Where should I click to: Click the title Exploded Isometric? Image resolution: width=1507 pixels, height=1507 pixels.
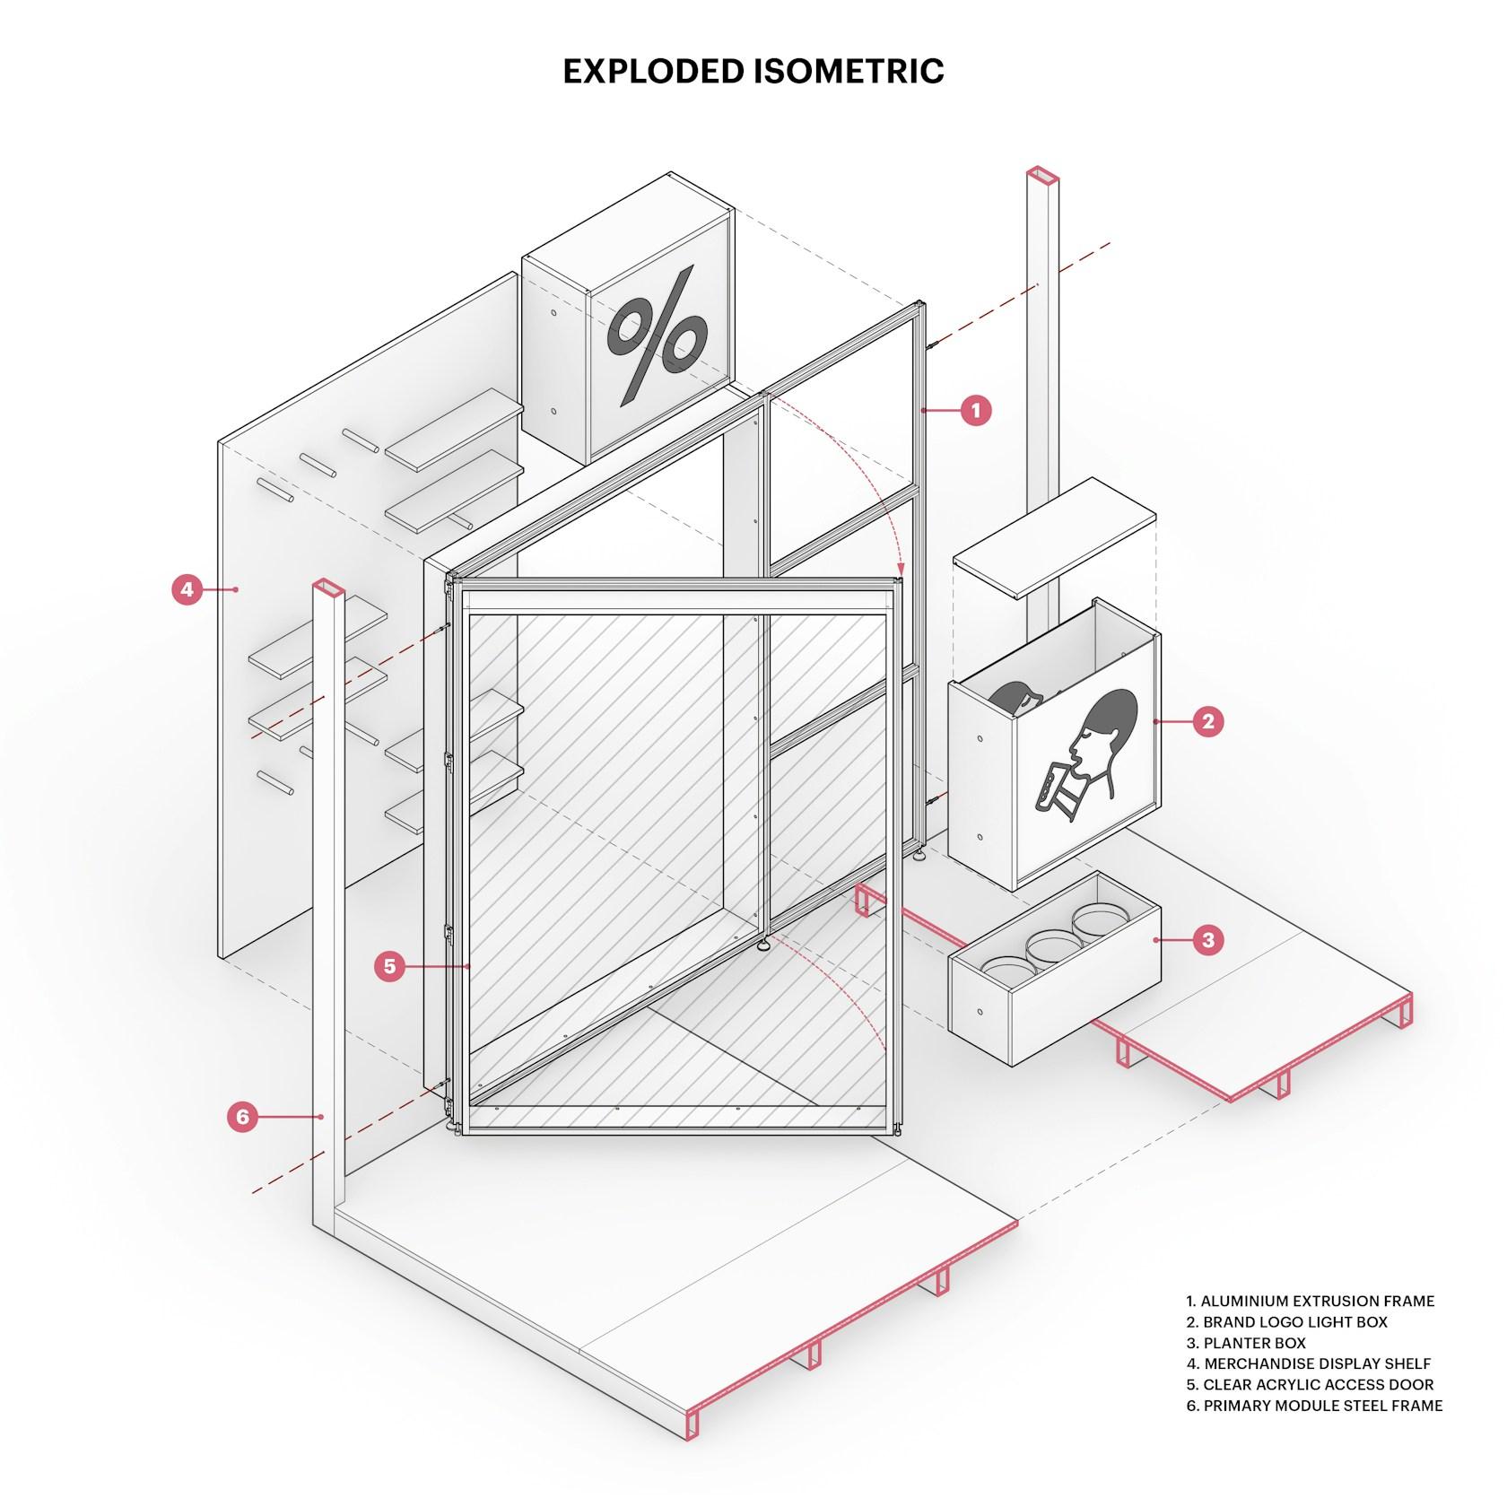tap(753, 72)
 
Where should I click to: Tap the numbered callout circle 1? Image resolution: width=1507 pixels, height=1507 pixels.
tap(976, 411)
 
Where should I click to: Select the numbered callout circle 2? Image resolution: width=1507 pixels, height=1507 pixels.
tap(1207, 720)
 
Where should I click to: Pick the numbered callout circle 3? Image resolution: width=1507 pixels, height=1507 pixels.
tap(1207, 940)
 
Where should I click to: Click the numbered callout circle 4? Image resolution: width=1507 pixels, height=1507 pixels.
tap(187, 589)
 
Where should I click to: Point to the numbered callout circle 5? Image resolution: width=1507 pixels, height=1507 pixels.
tap(389, 966)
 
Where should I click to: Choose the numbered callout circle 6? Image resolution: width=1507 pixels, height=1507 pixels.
tap(242, 1117)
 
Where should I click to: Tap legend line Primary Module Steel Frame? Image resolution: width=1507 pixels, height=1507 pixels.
tap(1314, 1406)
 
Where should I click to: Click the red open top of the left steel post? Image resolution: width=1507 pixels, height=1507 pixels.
tap(328, 587)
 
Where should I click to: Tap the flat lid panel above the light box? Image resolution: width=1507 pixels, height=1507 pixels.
tap(1054, 538)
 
